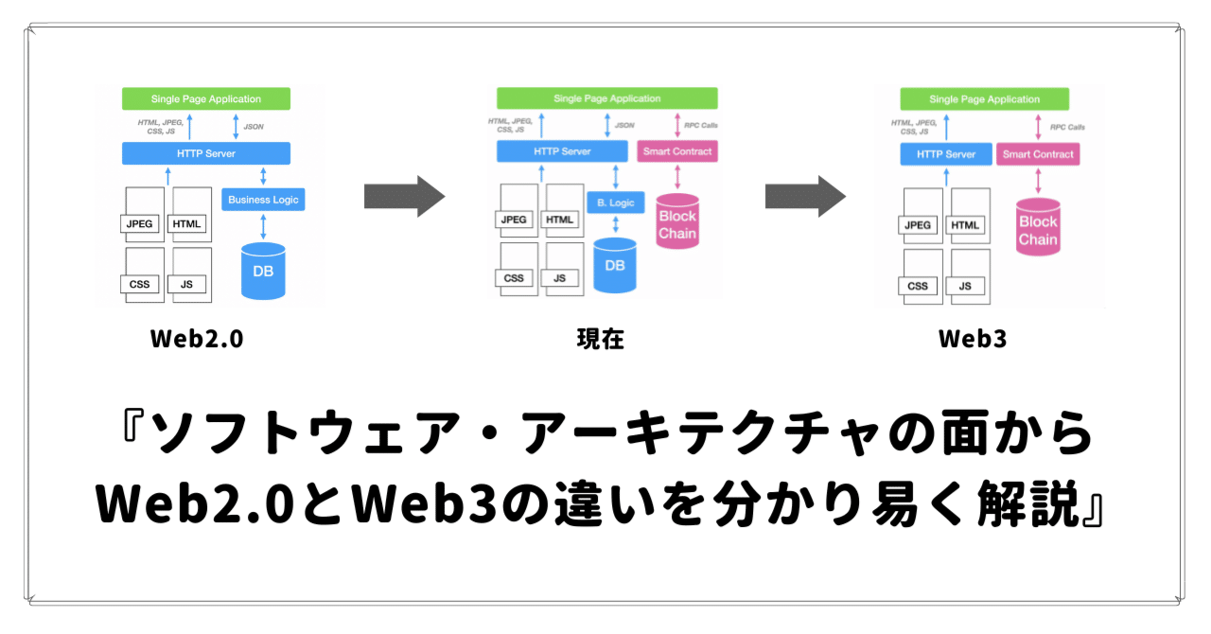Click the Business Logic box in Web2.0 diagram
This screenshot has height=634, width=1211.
coord(263,200)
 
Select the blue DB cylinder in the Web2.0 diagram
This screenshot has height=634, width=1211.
coord(263,272)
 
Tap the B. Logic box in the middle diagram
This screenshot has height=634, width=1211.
coord(615,202)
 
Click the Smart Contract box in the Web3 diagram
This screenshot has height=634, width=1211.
coord(1038,154)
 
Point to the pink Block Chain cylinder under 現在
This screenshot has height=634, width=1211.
coord(677,223)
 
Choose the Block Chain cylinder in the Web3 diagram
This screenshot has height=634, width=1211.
coord(1038,230)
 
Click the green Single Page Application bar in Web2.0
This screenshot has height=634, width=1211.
coord(206,98)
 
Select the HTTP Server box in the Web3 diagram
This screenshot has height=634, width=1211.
coord(946,154)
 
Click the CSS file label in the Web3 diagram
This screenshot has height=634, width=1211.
coord(918,286)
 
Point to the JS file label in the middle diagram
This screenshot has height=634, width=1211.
coord(560,278)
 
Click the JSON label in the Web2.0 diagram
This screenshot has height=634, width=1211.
coord(254,125)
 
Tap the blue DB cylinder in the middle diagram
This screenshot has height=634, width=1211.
coord(615,266)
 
